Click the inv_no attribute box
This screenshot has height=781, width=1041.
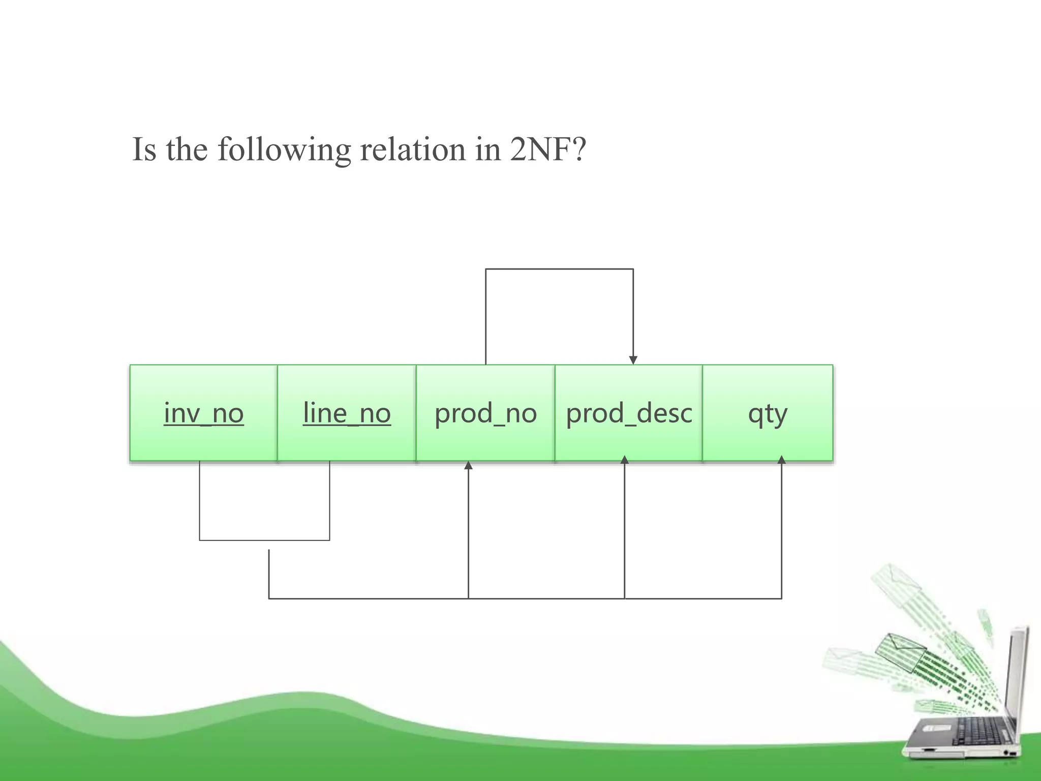(203, 413)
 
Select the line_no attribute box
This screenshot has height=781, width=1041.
(347, 413)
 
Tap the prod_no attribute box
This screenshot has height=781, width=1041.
(485, 413)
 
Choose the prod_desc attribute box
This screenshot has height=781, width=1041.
(629, 413)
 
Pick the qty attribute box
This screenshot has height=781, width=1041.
(768, 413)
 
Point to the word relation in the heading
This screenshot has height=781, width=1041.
(413, 149)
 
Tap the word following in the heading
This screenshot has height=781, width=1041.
(284, 151)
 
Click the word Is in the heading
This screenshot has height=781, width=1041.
(144, 149)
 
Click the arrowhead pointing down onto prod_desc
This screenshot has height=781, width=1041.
(633, 360)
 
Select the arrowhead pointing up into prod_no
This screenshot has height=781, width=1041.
(468, 465)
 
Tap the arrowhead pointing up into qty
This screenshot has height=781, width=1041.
(781, 460)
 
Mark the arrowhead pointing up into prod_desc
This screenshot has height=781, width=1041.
(625, 460)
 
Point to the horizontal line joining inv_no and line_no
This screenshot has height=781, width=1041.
(264, 540)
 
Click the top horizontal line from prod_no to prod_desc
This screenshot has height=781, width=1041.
(559, 269)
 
